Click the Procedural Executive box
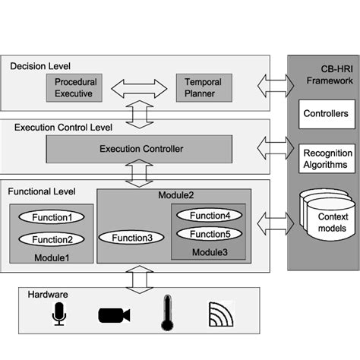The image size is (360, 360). (74, 88)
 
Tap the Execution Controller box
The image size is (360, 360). (141, 148)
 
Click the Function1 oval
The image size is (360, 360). (52, 217)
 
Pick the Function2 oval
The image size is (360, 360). (52, 239)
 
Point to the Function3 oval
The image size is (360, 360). (132, 238)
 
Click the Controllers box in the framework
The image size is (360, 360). (324, 114)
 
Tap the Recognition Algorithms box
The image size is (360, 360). (324, 159)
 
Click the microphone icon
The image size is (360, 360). (59, 314)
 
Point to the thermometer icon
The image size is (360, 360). (167, 313)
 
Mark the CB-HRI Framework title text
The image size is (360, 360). (324, 74)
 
